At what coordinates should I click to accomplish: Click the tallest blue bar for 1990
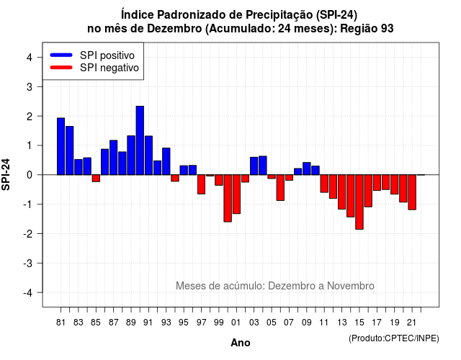(x=140, y=140)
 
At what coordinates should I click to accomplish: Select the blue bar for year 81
(x=61, y=146)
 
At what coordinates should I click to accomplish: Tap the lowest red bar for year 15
(x=359, y=202)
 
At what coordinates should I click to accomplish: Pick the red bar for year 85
(x=96, y=179)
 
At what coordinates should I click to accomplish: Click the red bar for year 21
(x=412, y=192)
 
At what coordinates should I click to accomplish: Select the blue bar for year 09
(x=307, y=168)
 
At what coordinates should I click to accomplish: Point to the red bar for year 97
(x=202, y=184)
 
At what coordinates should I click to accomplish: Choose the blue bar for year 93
(x=166, y=161)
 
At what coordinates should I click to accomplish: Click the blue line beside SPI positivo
(x=61, y=55)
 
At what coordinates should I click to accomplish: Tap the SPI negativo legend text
(x=109, y=68)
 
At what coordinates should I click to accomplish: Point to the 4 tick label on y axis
(x=30, y=58)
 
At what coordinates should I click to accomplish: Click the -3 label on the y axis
(x=27, y=264)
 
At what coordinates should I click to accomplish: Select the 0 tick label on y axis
(x=30, y=175)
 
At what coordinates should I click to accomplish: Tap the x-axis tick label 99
(x=219, y=323)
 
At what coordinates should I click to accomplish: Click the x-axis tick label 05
(x=272, y=323)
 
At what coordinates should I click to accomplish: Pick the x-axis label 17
(x=377, y=323)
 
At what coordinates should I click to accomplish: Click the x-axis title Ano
(x=241, y=343)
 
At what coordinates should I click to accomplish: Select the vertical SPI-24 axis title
(x=6, y=174)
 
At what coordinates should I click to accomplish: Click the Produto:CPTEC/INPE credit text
(x=394, y=338)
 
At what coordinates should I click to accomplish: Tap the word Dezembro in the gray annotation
(x=292, y=286)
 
